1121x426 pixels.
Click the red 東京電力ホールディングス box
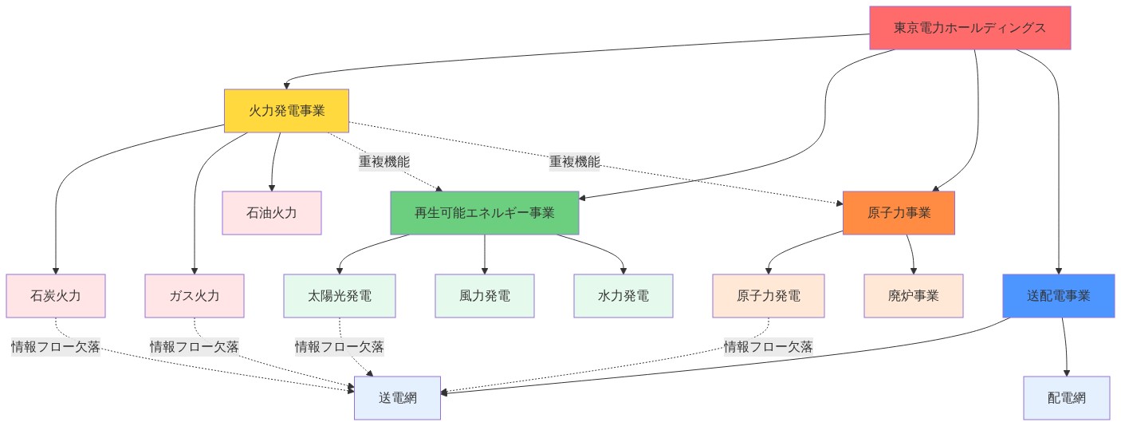coord(970,28)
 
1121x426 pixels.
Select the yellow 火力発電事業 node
coord(287,110)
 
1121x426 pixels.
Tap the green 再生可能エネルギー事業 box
coord(485,213)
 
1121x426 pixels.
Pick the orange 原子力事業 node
coord(899,213)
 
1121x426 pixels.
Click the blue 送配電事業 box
coord(1058,296)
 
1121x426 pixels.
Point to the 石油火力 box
coord(272,213)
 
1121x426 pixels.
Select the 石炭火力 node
coord(55,296)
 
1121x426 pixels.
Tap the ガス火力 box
coord(195,296)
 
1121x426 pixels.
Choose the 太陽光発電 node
coord(340,296)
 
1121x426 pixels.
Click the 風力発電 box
coord(485,296)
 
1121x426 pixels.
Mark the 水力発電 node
coord(623,296)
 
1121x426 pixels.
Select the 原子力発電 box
coord(768,296)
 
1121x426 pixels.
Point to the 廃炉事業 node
coord(914,296)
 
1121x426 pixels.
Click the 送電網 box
coord(397,397)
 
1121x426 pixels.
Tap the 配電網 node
coord(1066,397)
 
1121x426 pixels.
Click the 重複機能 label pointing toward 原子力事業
coord(574,162)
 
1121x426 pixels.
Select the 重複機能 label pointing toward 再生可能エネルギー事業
coord(384,162)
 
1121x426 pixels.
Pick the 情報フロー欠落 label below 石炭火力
coord(55,346)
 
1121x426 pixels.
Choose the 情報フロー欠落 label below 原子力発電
coord(768,346)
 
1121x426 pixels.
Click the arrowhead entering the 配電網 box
coord(1067,371)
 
